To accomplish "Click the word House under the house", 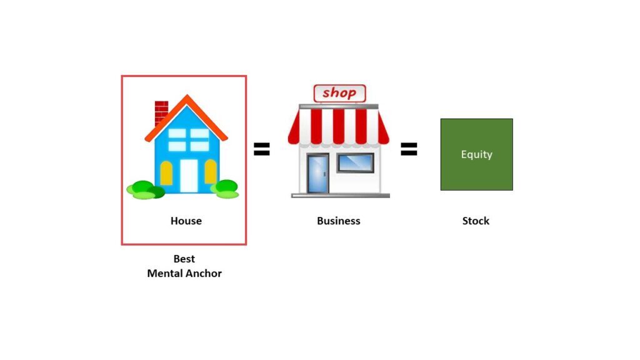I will [x=186, y=221].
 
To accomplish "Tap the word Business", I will [x=339, y=221].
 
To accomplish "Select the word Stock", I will [x=476, y=221].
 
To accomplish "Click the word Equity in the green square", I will [x=477, y=154].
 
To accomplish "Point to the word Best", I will [x=184, y=259].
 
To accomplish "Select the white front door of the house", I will [x=189, y=176].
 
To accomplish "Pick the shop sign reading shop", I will [x=339, y=94].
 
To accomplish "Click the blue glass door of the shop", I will [x=317, y=174].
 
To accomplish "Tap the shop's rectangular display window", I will [x=356, y=162].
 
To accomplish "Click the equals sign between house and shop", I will [x=261, y=149].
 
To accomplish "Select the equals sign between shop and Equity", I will [x=409, y=149].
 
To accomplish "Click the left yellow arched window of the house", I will [x=166, y=173].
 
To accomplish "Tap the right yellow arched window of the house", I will [x=211, y=172].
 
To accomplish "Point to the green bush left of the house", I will [x=145, y=189].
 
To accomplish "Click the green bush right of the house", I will [x=226, y=189].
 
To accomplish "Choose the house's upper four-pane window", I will [x=189, y=140].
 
